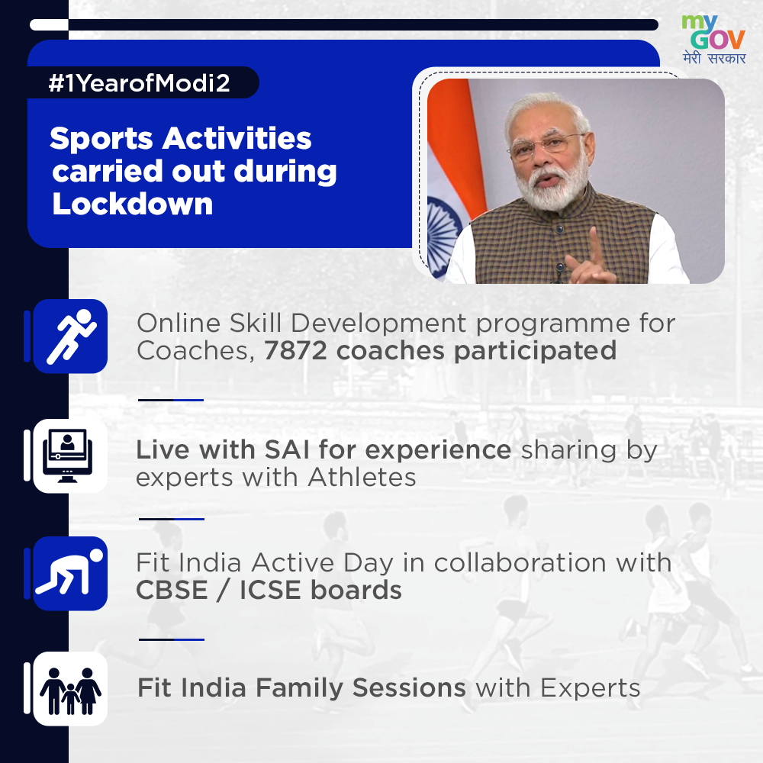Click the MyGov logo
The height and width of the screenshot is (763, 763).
(x=713, y=39)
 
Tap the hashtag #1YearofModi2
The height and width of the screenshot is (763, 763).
(x=139, y=83)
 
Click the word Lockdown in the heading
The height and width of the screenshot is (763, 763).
(x=132, y=204)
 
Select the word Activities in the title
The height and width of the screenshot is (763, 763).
(x=237, y=139)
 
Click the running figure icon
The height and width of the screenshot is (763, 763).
(x=70, y=336)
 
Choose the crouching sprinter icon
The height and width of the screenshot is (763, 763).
(x=70, y=573)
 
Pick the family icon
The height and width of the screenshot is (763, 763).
(x=70, y=689)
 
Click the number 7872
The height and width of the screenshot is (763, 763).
(x=295, y=351)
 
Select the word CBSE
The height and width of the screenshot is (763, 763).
(x=172, y=591)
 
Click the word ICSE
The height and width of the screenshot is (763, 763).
(x=270, y=591)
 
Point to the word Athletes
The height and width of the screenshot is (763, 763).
(x=362, y=478)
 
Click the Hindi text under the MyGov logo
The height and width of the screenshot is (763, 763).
(x=714, y=58)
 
